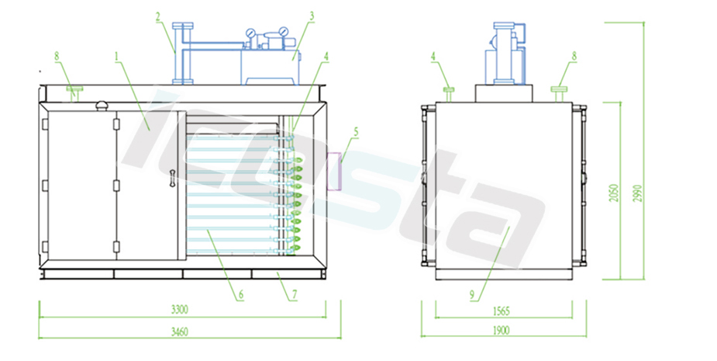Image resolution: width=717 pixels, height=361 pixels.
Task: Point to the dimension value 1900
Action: [500, 331]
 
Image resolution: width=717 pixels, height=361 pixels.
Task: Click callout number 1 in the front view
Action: [115, 57]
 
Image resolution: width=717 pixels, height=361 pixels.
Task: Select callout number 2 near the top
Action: [157, 16]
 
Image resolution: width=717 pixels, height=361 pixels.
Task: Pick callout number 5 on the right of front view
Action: [356, 133]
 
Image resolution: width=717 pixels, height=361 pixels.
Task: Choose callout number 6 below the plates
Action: [241, 294]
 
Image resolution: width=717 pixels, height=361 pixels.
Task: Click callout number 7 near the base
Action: [294, 294]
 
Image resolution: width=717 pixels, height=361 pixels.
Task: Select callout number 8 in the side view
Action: [574, 56]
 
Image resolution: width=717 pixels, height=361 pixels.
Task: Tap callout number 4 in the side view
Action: [434, 56]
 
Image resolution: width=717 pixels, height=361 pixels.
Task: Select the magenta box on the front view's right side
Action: [336, 172]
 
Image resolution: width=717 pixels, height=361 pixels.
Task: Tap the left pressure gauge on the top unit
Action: [251, 33]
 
